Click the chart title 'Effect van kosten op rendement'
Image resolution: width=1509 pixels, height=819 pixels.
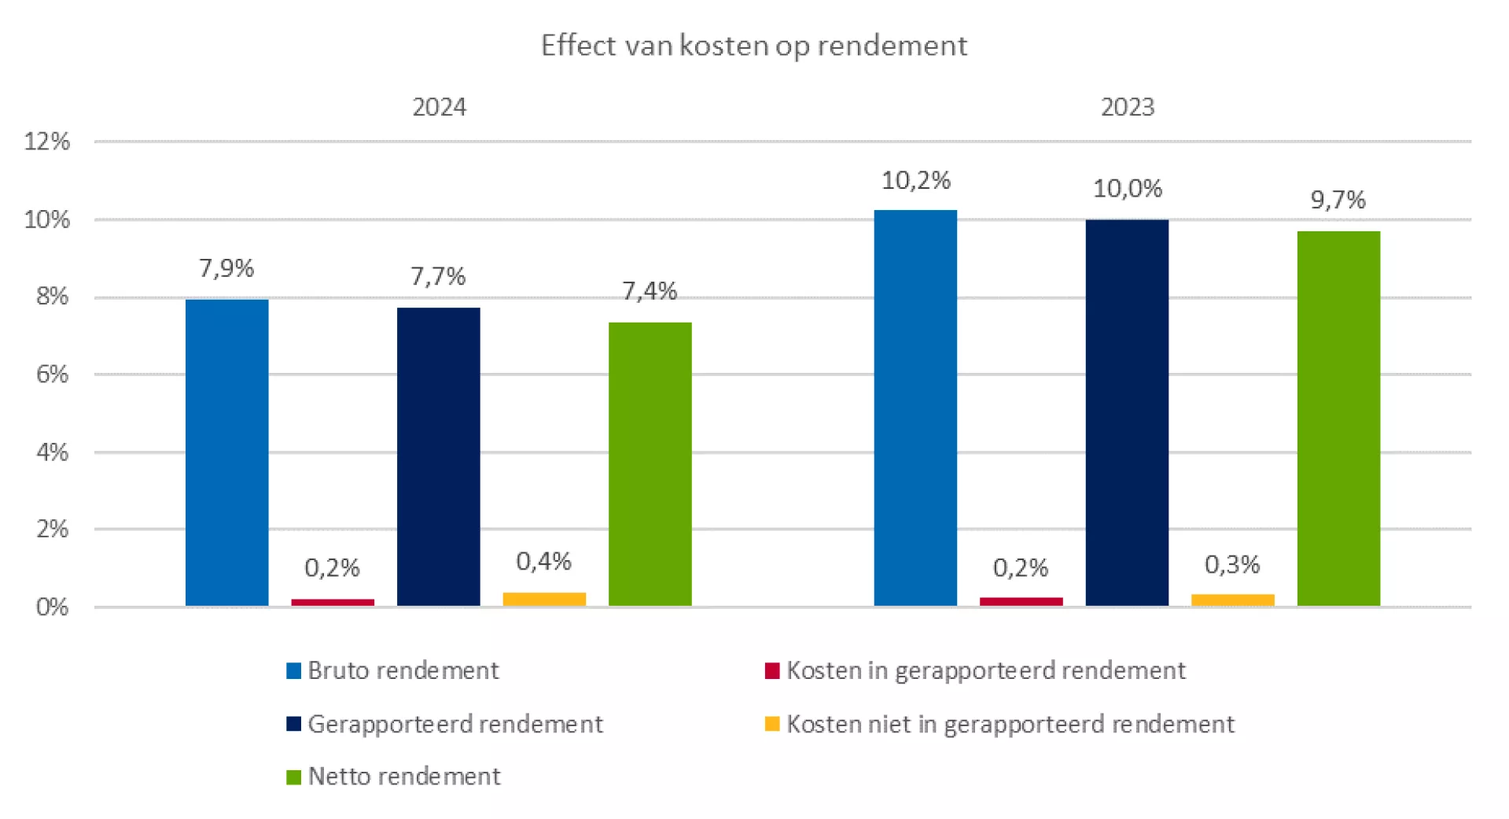coord(754,46)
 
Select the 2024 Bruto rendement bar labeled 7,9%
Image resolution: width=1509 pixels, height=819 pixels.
coord(226,452)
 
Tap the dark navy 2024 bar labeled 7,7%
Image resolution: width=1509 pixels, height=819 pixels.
coord(438,456)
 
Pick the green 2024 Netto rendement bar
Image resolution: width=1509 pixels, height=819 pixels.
coord(650,464)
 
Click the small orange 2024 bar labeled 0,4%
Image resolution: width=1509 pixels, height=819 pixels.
coord(544,599)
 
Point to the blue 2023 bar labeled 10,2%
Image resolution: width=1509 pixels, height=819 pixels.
coord(915,408)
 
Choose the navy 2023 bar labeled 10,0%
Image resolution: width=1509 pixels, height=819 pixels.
coord(1127,412)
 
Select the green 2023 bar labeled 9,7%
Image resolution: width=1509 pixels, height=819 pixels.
coord(1338,418)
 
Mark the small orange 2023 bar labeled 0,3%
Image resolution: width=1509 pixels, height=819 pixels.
coord(1232,599)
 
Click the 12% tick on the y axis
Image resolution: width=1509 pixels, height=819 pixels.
coord(47,142)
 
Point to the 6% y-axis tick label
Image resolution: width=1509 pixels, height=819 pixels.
coord(52,374)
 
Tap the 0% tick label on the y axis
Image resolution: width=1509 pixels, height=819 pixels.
coord(52,607)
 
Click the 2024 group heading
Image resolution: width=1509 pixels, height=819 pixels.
coord(439,107)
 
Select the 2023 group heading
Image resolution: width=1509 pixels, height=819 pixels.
coord(1127,107)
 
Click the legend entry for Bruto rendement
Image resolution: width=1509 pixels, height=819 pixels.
coord(393,670)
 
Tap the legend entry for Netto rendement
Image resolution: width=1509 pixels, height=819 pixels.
coord(394,777)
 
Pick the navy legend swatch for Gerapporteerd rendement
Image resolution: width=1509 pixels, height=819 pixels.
coord(293,724)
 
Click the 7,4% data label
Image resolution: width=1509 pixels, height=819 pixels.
coord(650,292)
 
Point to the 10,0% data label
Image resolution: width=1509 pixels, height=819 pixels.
coord(1127,189)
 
